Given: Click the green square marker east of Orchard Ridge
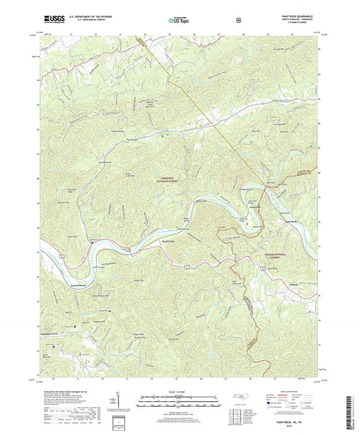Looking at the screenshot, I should (x=162, y=135).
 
